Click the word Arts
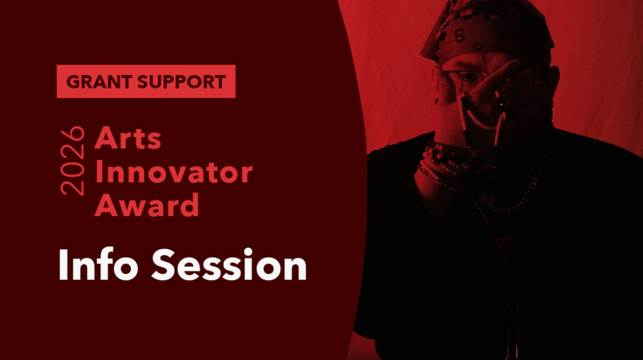(128, 139)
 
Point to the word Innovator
(173, 172)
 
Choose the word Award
(147, 205)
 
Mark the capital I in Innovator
(99, 172)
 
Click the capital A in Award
(105, 205)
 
